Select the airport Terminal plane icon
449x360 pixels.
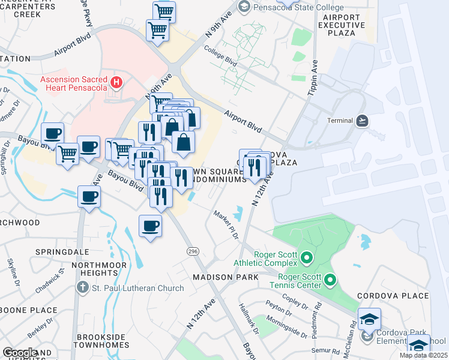[362, 121]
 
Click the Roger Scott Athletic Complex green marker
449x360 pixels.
[307, 259]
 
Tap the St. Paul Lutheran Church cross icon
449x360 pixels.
[83, 288]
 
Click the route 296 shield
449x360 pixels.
[193, 250]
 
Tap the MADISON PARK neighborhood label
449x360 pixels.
[226, 277]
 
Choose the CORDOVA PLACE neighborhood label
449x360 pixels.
[393, 296]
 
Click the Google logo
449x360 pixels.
[19, 353]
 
